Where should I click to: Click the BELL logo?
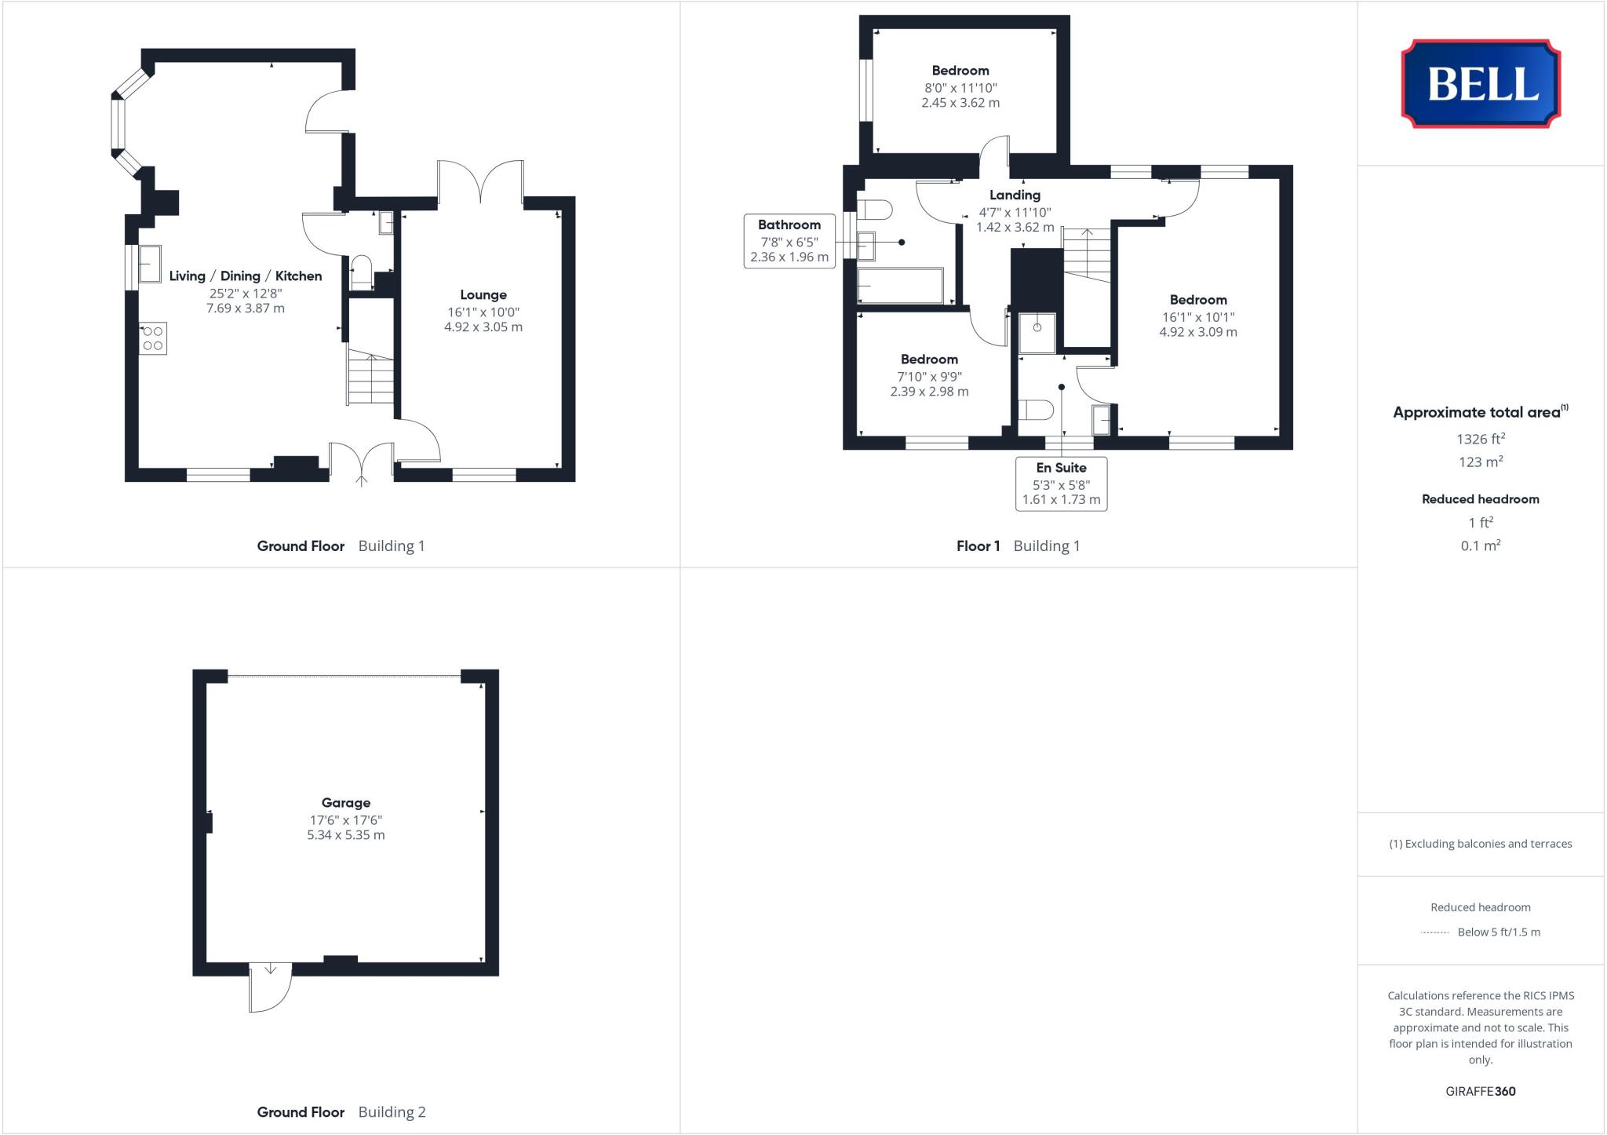click(1481, 83)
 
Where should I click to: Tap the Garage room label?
click(345, 802)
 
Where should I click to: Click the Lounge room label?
click(483, 294)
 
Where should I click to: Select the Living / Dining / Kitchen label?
click(246, 276)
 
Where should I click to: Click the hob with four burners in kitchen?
click(153, 338)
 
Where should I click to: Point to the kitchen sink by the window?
click(150, 264)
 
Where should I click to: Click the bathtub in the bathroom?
click(900, 286)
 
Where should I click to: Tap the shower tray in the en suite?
click(1037, 333)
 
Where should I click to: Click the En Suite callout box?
click(1061, 484)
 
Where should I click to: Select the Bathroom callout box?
click(789, 241)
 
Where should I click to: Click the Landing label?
click(1015, 195)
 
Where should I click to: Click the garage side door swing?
click(270, 987)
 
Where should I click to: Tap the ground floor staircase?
click(371, 378)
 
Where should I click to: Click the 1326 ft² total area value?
click(1480, 439)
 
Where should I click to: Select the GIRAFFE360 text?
click(1480, 1091)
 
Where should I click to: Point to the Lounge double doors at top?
click(481, 183)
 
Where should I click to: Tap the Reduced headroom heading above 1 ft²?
click(1480, 498)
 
